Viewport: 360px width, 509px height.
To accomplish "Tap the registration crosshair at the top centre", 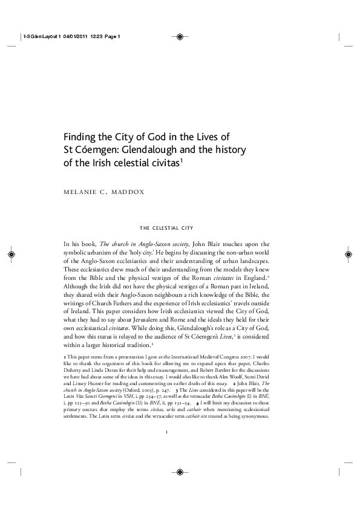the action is tap(180, 36).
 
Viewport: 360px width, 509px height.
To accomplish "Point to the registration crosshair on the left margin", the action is tap(12, 254).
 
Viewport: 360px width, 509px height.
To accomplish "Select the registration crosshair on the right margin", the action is tap(348, 254).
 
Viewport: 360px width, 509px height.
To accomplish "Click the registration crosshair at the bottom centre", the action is tap(180, 473).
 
